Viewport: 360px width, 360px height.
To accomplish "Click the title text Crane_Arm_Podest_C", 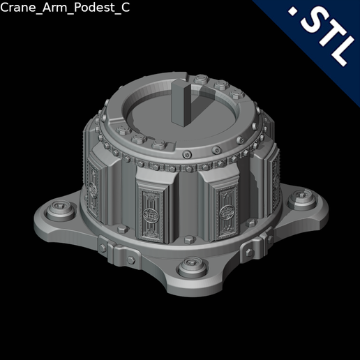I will (64, 8).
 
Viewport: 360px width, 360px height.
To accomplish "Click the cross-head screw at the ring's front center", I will (186, 154).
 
